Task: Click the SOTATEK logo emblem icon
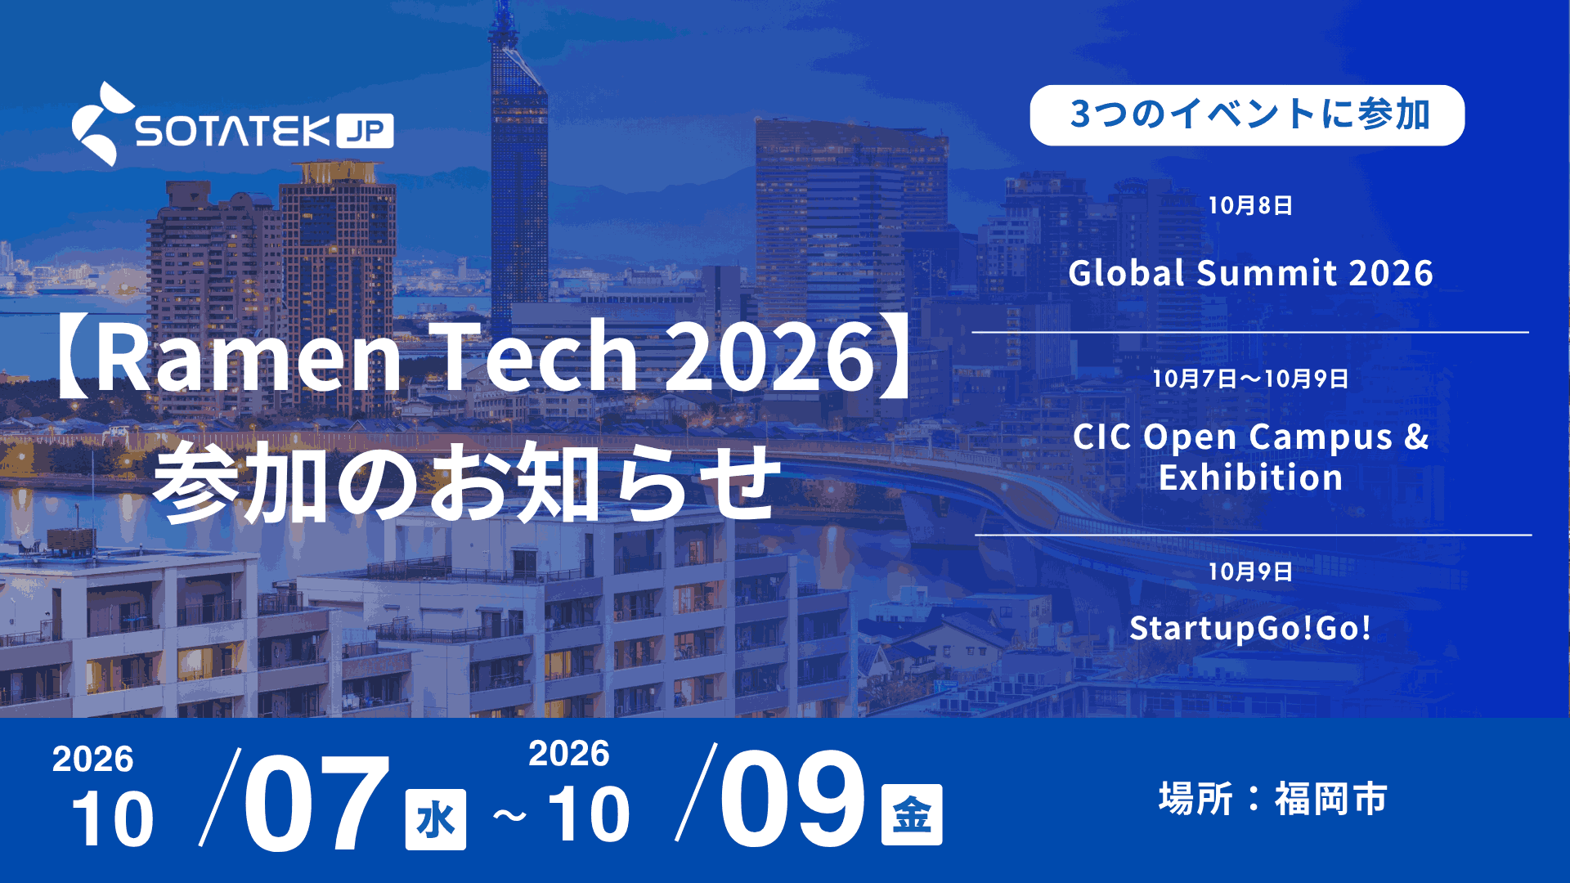pos(101,124)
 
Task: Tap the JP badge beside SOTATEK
pos(365,131)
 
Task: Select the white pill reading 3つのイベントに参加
pos(1247,115)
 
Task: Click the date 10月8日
pos(1250,205)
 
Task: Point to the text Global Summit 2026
pos(1250,273)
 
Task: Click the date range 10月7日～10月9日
pos(1250,379)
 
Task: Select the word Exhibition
pos(1250,477)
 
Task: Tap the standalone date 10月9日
pos(1250,571)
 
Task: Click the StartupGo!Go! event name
pos(1250,628)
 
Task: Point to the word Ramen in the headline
pos(249,356)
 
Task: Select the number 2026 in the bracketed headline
pos(770,356)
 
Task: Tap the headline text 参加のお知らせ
pos(468,482)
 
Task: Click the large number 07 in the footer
pos(316,802)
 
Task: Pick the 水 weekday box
pos(436,819)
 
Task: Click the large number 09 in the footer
pos(792,798)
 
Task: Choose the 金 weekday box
pos(912,814)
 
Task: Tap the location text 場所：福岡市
pos(1272,799)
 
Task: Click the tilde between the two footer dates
pos(509,816)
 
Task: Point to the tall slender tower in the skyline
pos(518,164)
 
